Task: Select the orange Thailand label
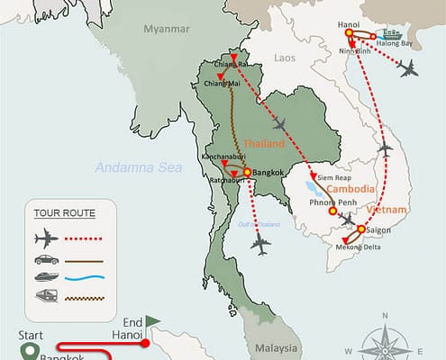point(264,144)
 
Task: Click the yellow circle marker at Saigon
point(360,229)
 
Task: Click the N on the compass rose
point(385,316)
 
